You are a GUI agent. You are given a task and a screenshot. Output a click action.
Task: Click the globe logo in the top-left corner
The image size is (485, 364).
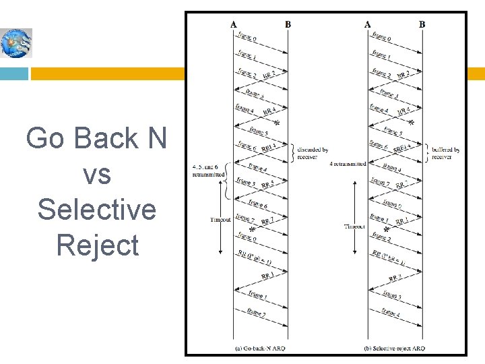(15, 42)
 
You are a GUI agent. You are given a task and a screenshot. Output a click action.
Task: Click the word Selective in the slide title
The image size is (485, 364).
(96, 209)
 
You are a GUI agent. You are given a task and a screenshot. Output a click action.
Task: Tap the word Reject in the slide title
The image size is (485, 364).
(98, 245)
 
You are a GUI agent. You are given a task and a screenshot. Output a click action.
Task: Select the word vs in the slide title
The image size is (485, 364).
(96, 174)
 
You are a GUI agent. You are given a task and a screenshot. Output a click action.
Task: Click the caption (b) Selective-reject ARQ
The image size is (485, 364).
(395, 348)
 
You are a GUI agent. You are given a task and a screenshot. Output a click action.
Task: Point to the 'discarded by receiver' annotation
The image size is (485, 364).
(312, 154)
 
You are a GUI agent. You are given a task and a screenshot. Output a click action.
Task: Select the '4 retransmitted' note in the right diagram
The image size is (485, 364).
(348, 164)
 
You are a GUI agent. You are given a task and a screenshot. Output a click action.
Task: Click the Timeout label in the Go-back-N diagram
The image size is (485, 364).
(220, 219)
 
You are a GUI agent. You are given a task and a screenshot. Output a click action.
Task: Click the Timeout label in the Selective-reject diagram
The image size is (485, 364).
(356, 226)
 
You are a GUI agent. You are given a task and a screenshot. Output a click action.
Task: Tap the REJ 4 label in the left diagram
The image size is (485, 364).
(269, 146)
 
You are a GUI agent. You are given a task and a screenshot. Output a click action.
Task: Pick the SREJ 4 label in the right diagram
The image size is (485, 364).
(403, 146)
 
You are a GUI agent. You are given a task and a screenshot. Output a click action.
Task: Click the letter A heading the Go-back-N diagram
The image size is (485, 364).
(233, 25)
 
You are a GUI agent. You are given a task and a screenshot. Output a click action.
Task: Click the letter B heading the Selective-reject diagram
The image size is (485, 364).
(422, 25)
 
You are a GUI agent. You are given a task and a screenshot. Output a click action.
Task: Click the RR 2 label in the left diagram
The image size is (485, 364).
(269, 75)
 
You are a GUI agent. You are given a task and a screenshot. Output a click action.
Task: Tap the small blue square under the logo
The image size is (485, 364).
(14, 73)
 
